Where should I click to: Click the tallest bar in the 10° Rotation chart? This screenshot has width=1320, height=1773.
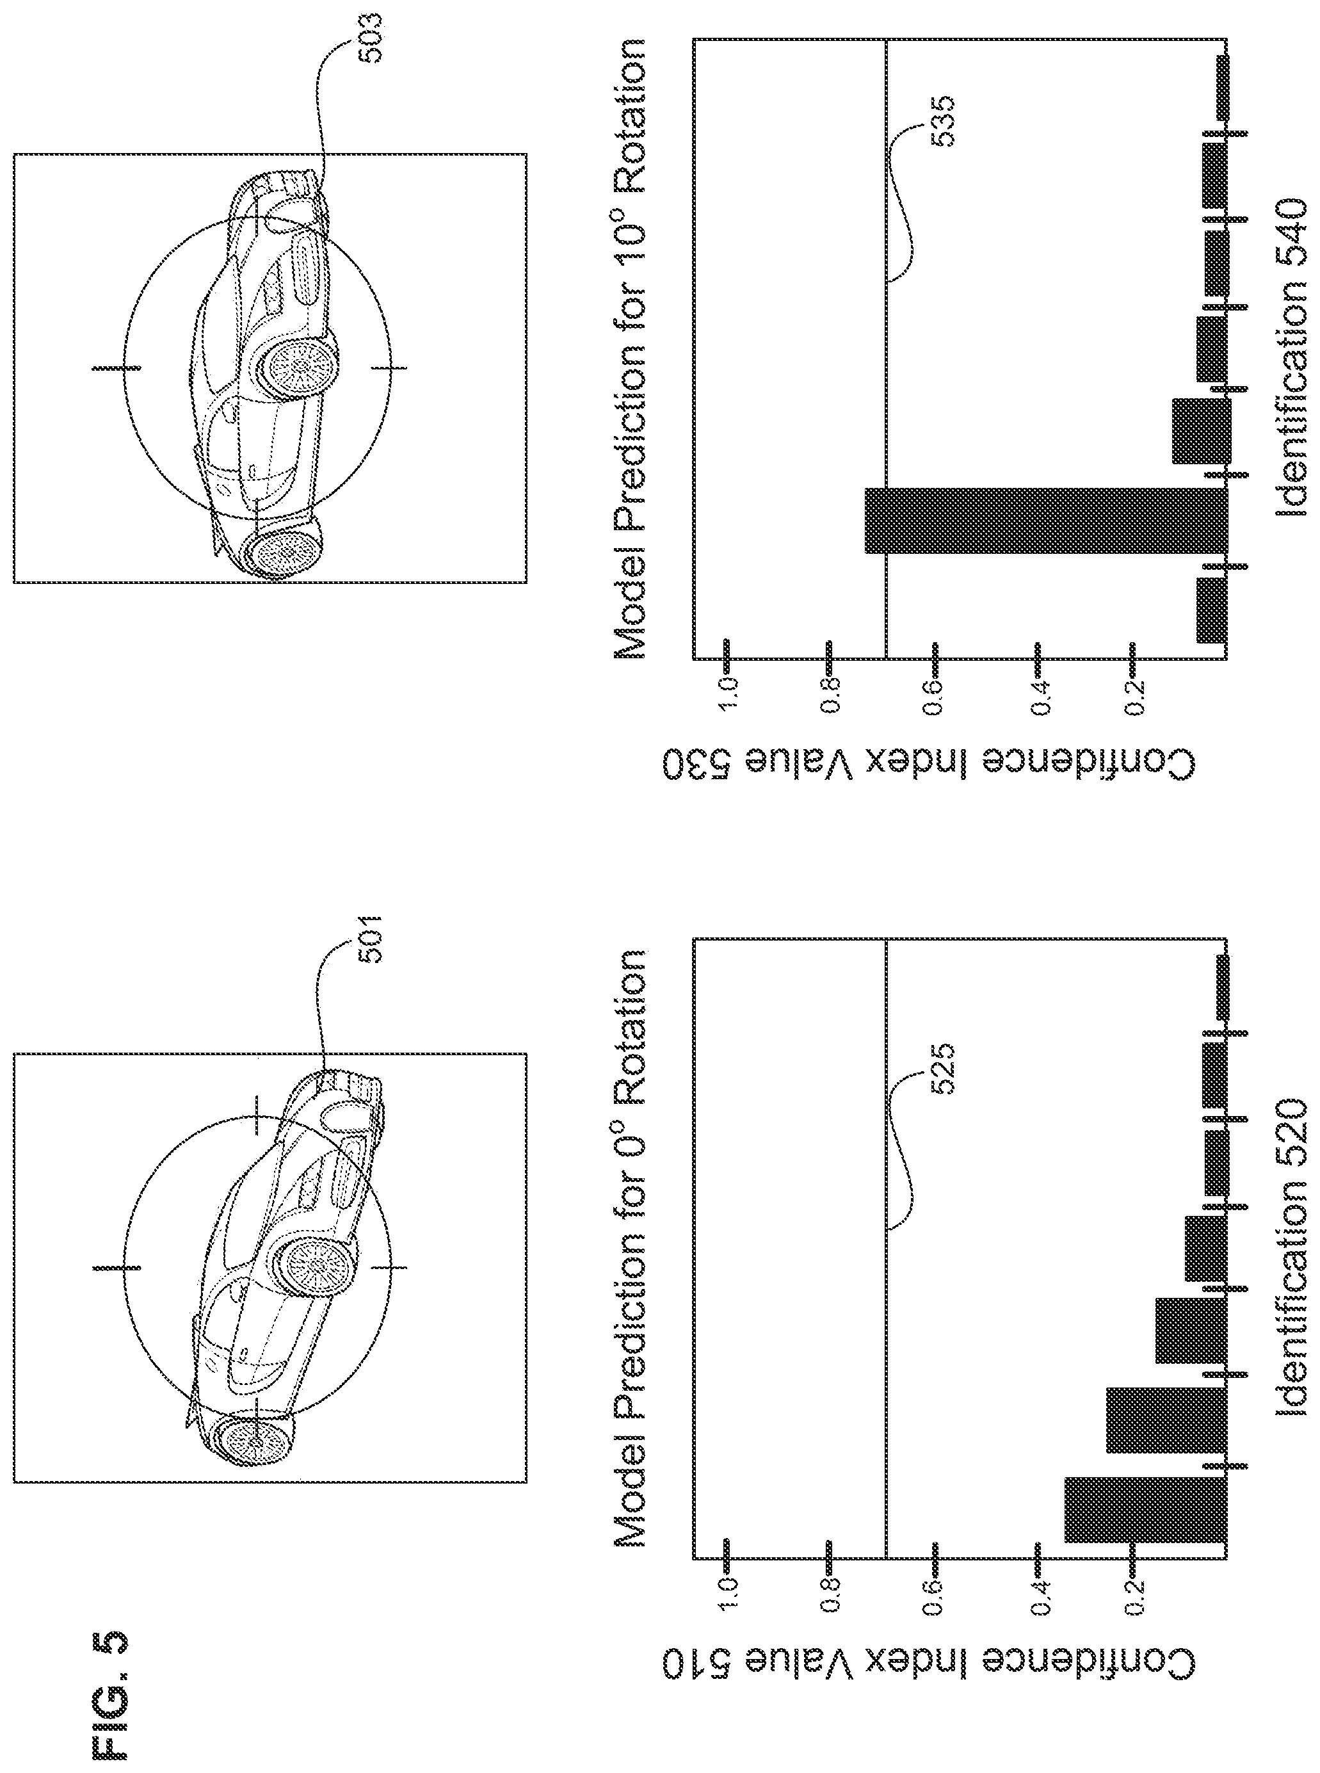pos(1046,521)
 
